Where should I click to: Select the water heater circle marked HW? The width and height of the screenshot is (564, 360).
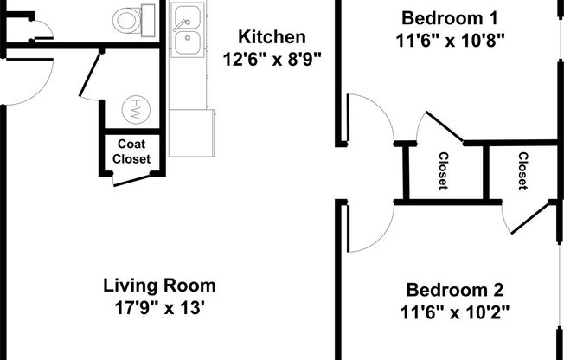click(x=136, y=110)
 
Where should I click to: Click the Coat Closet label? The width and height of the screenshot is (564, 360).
click(x=131, y=151)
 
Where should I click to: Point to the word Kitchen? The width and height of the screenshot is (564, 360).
click(x=272, y=37)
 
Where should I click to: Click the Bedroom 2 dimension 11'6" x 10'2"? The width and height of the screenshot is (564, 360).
click(x=454, y=312)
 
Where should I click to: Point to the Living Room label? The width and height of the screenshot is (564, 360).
click(x=159, y=285)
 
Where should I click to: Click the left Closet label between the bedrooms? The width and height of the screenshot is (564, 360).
click(x=442, y=170)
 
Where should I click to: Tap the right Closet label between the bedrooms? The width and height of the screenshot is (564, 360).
click(x=522, y=170)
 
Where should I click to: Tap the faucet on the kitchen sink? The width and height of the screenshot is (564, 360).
click(x=183, y=15)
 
